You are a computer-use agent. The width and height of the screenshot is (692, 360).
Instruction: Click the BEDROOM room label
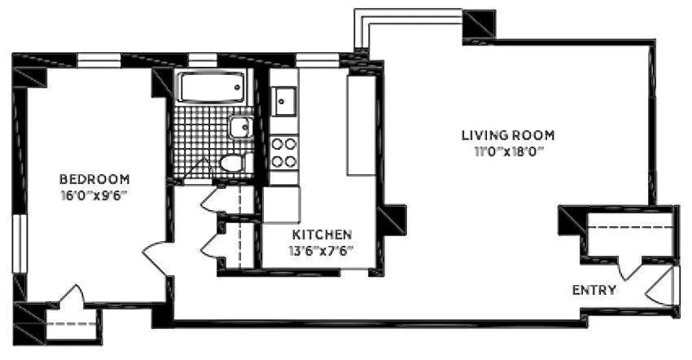coord(94,179)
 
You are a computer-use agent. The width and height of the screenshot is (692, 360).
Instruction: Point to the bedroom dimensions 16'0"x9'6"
coord(94,195)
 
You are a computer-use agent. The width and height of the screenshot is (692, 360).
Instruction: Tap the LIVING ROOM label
coord(508,135)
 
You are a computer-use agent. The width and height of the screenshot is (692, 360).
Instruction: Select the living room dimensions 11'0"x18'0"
coord(508,151)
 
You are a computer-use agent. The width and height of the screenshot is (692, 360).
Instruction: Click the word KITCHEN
coord(322,234)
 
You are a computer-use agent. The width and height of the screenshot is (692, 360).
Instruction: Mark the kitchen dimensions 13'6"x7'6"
coord(322,250)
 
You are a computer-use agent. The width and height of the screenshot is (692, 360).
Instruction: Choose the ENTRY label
coord(593,290)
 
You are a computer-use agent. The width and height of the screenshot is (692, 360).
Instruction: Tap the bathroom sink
coord(240,128)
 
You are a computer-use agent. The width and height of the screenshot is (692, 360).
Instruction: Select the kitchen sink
coord(284,102)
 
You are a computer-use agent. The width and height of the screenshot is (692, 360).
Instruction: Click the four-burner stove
coord(284,152)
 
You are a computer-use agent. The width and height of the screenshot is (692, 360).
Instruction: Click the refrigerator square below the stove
coord(281,204)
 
